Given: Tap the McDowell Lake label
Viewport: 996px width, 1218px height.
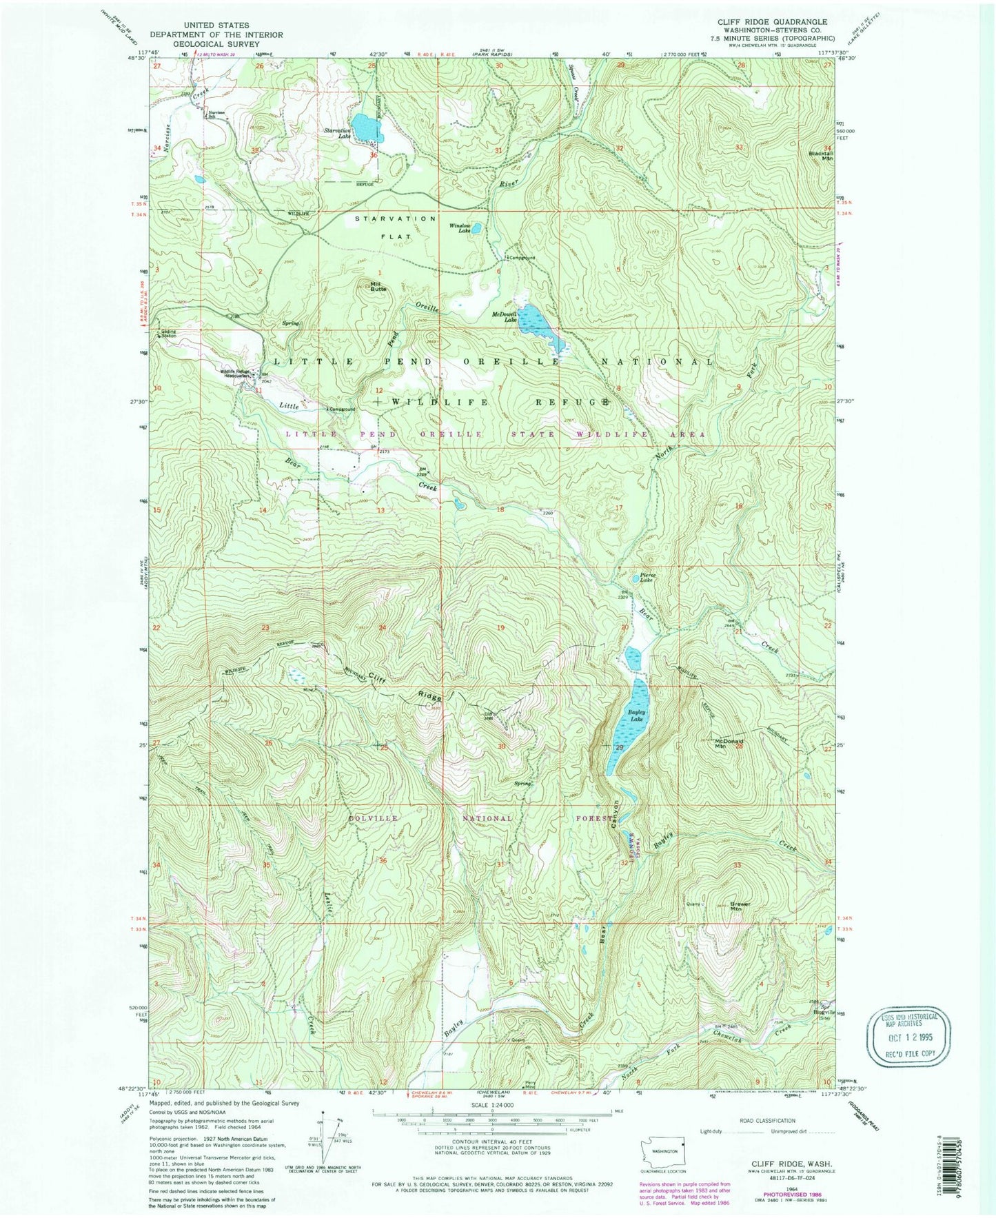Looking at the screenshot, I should click(505, 317).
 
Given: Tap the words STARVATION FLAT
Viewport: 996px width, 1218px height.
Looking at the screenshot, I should click(396, 227).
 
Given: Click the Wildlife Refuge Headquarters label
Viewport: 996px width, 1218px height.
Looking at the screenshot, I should click(234, 374).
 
